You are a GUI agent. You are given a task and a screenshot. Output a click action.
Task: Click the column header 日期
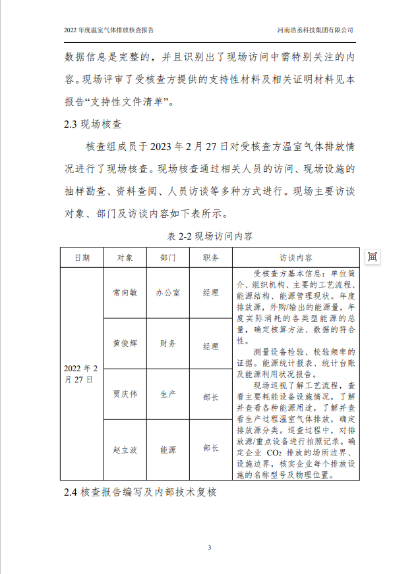pos(82,257)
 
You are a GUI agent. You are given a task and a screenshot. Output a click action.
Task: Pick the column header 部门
pos(167,257)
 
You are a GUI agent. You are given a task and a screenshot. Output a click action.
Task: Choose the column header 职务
pos(211,257)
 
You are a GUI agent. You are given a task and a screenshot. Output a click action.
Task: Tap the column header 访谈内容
pos(296,257)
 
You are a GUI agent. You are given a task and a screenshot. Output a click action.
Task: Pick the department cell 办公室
pos(167,292)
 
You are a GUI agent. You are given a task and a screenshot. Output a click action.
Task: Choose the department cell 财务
pos(167,344)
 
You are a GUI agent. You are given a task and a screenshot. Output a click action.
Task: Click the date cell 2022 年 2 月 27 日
pos(82,373)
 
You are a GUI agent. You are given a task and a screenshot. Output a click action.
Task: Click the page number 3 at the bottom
pos(209,548)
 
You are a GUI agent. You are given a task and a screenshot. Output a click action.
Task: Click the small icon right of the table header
pos(372,257)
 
